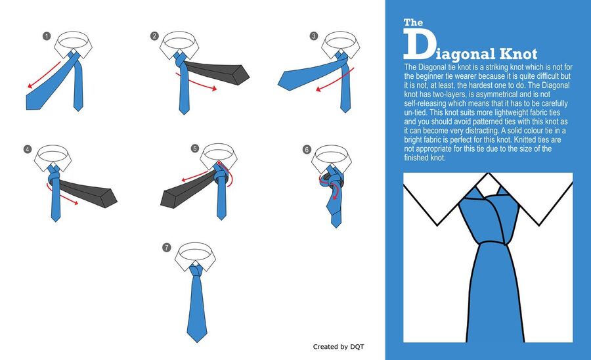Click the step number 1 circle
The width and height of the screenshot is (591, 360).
[47, 36]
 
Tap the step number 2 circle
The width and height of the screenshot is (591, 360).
[154, 36]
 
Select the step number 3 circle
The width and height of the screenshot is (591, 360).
[314, 36]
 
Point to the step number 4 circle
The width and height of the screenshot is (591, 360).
[28, 149]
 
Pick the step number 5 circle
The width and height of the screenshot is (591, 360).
[194, 148]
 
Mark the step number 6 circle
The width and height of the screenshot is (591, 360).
[307, 150]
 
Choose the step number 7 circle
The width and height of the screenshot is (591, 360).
[167, 247]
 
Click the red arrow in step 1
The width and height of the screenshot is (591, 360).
[44, 75]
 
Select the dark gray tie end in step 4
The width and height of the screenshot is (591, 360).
[89, 192]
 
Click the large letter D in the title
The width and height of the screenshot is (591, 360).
[418, 45]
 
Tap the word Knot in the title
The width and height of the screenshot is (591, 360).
[518, 54]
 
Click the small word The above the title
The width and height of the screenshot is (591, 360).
[413, 22]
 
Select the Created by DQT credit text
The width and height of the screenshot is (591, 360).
[338, 346]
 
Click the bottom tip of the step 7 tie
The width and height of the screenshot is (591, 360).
[197, 342]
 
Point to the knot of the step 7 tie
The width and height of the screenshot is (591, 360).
[196, 271]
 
